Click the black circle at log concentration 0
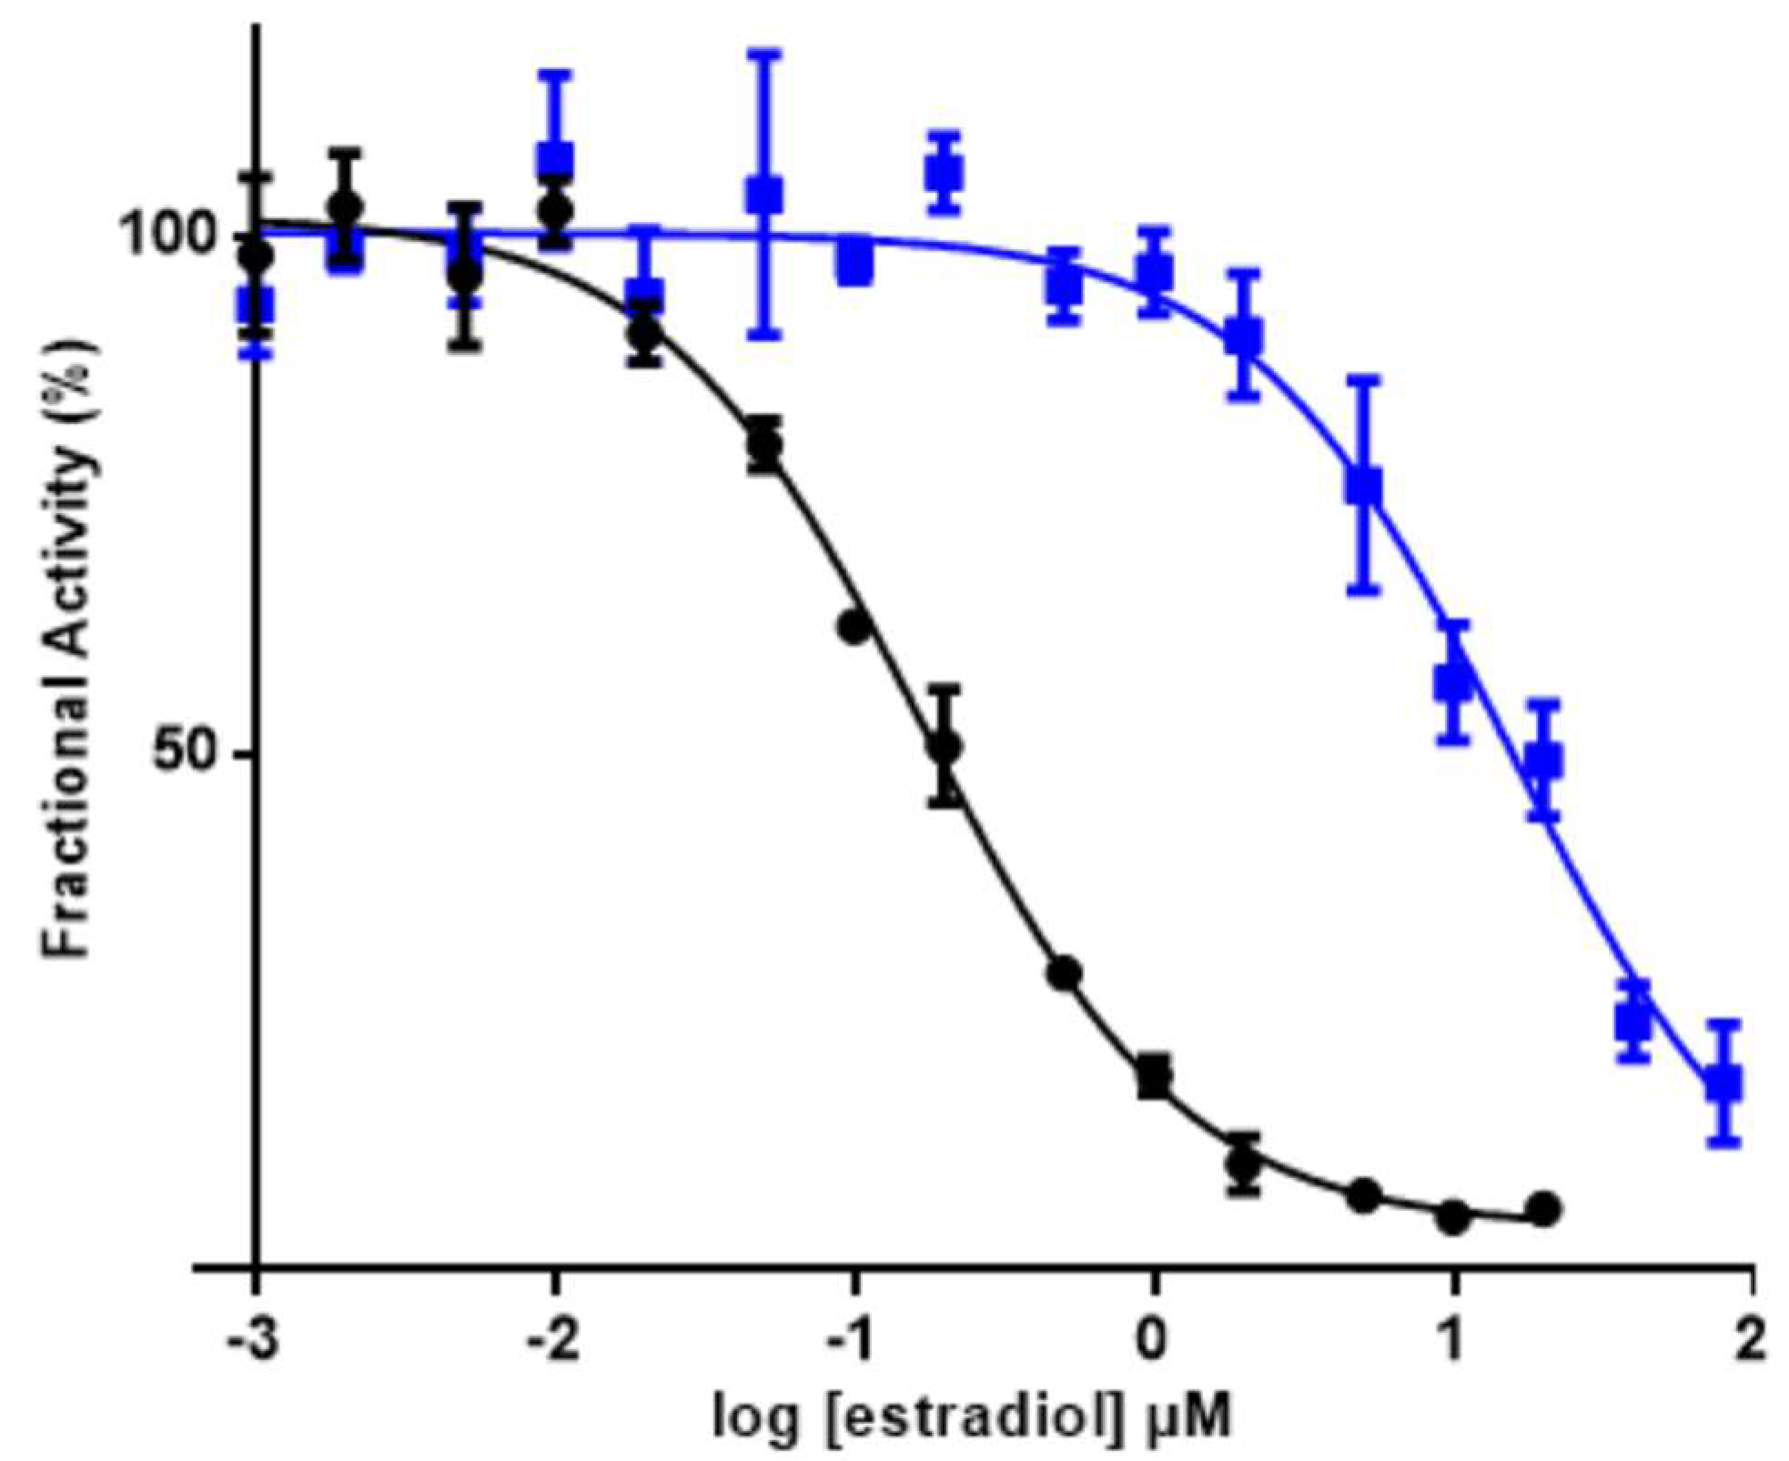tap(1154, 1077)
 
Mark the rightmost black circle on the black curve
tap(1543, 1209)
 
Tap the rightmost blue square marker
tap(1723, 1083)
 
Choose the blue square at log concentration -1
tap(854, 263)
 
